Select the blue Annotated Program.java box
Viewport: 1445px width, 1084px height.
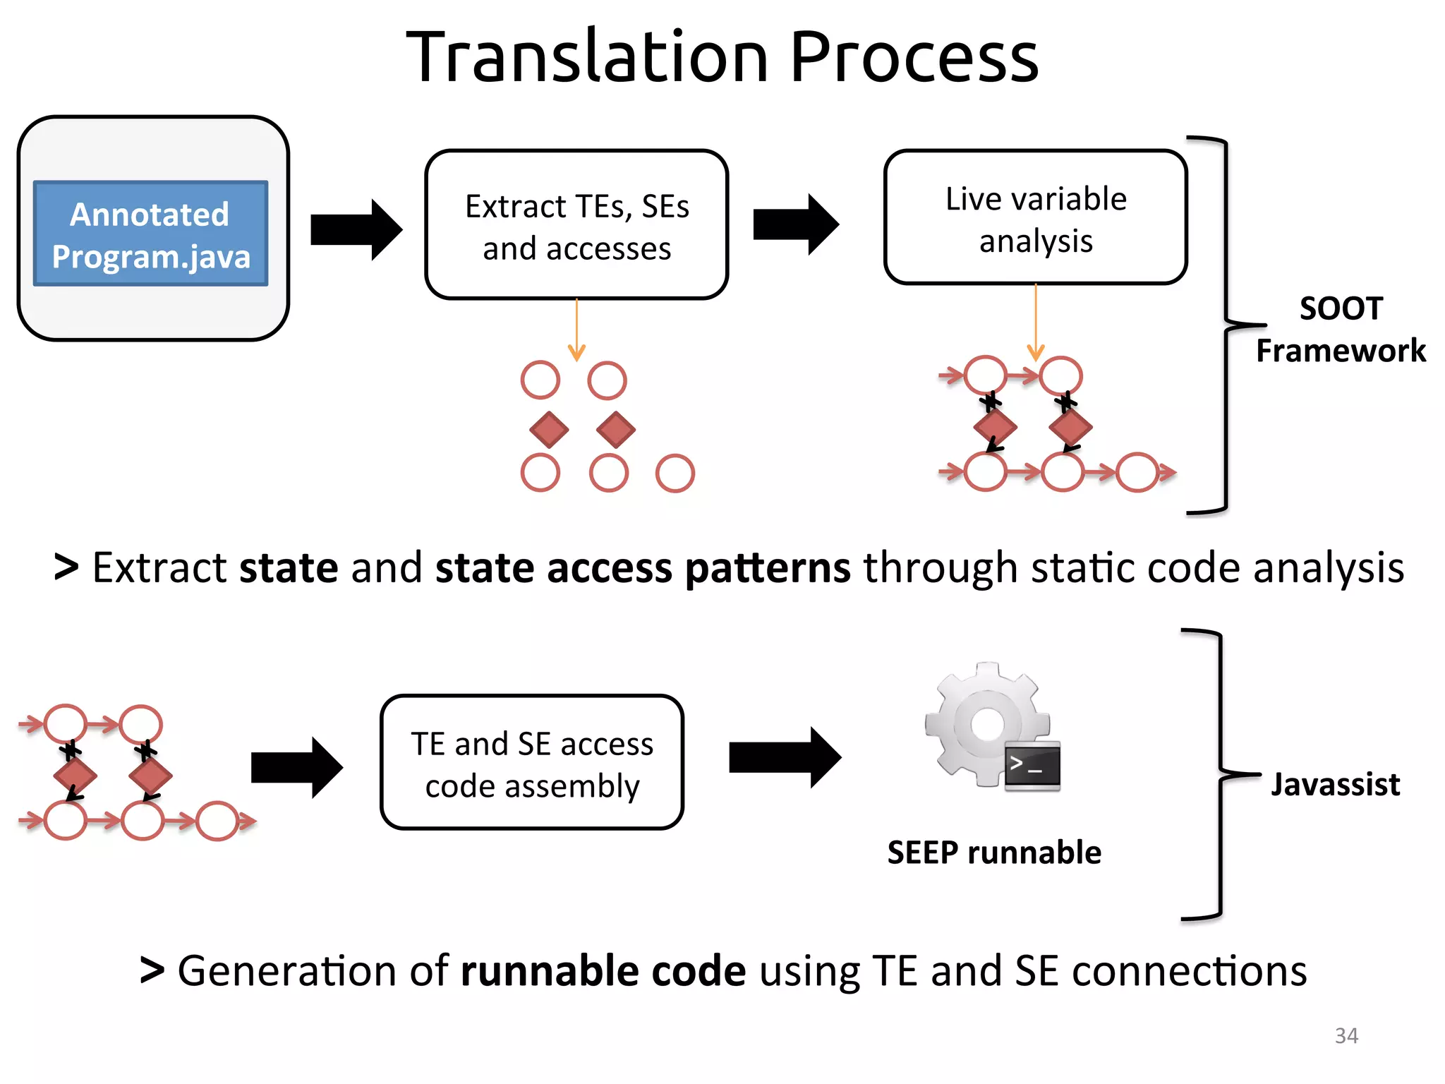(150, 234)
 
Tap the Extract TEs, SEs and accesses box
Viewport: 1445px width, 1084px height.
(576, 225)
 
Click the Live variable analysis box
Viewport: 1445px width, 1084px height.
(1035, 218)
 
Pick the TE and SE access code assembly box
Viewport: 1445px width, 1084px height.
(532, 762)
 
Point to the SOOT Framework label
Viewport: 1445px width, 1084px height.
(1340, 330)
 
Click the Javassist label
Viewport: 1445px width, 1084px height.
(1335, 784)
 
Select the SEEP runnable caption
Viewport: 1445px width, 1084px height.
(993, 852)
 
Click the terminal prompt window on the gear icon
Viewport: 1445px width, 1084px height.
(1032, 766)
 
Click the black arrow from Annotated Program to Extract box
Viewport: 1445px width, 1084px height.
(356, 230)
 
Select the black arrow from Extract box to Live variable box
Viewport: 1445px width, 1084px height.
(796, 224)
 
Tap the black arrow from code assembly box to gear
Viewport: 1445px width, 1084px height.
(785, 757)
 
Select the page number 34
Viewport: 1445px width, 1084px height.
(1346, 1035)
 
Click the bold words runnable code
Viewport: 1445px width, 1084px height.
(603, 971)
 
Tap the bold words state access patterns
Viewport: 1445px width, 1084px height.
(643, 568)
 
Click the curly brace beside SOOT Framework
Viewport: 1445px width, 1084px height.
(1226, 325)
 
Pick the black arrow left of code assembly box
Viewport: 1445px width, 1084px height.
(296, 767)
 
